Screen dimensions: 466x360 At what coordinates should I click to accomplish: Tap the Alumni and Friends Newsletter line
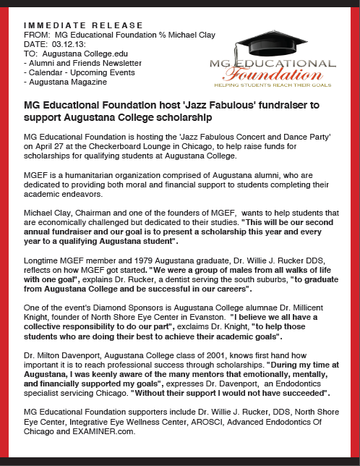point(76,63)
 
